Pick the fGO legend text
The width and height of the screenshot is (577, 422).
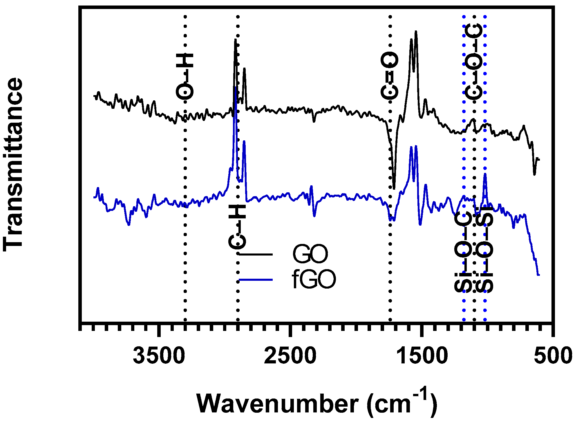point(314,280)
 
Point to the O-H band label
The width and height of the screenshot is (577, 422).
point(185,76)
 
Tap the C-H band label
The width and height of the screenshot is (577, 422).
point(237,227)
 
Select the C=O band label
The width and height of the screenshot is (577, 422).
point(389,76)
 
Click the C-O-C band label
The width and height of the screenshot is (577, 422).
point(474,61)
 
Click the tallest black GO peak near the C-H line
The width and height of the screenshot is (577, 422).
point(235,40)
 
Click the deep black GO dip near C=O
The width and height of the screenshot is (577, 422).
point(394,188)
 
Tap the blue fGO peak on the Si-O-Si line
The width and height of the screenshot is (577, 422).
point(485,174)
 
